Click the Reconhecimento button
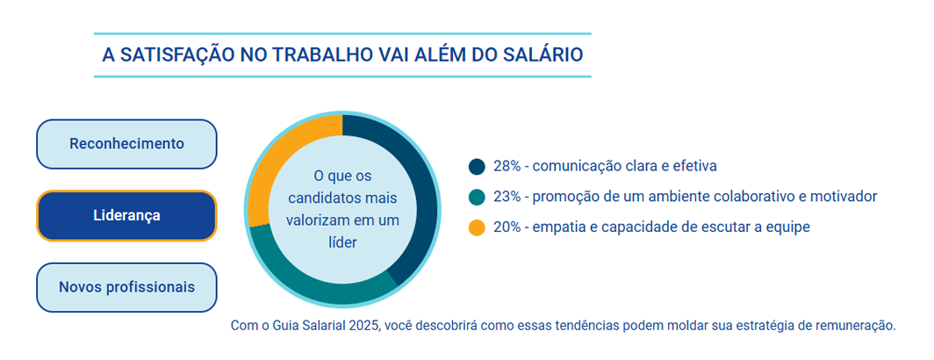tap(126, 144)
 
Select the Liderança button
tap(126, 216)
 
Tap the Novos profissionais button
tap(126, 287)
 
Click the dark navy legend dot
tap(478, 166)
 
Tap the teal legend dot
tap(478, 197)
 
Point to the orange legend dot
tap(478, 227)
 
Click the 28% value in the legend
tap(507, 166)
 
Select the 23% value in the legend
tap(507, 197)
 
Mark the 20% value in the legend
tap(507, 227)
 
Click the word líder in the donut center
tap(342, 242)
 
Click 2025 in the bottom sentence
tap(363, 326)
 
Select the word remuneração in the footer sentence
tap(857, 326)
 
